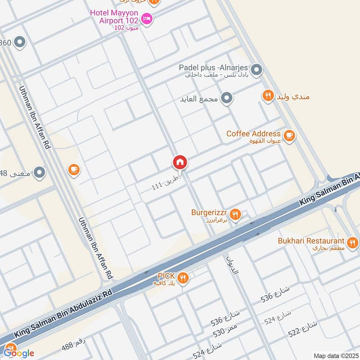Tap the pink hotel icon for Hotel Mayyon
(147, 18)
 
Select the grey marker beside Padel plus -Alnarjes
(256, 70)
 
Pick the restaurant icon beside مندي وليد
(268, 96)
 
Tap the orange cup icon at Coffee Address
(289, 135)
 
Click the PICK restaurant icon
(182, 278)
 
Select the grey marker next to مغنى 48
(40, 172)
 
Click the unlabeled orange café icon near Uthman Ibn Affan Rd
(73, 170)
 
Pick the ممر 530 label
(225, 329)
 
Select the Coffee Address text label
(253, 134)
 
